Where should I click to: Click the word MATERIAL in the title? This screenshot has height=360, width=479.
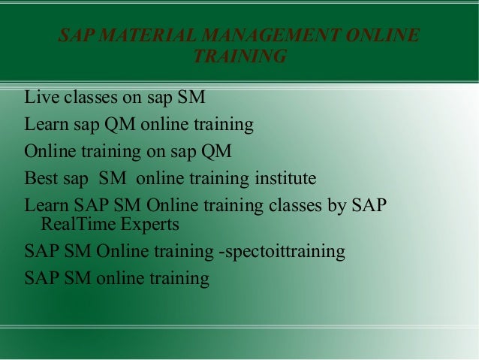click(136, 36)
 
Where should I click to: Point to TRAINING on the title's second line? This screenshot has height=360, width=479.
click(239, 56)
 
